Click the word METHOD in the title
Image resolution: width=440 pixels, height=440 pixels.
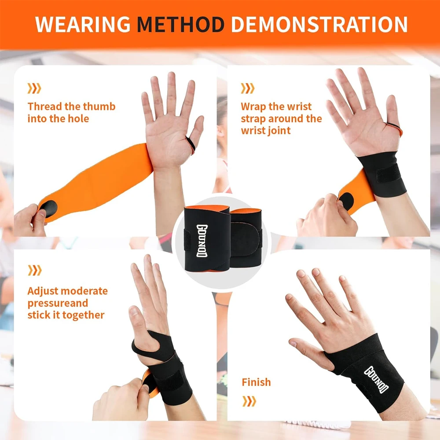(180, 24)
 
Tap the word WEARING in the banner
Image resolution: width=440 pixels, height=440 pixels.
(83, 24)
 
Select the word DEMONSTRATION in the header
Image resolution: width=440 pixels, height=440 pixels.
(319, 24)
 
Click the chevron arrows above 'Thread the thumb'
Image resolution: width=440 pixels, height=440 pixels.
(34, 88)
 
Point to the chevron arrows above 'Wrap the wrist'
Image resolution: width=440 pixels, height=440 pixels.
(247, 88)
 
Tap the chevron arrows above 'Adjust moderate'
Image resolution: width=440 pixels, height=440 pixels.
(34, 270)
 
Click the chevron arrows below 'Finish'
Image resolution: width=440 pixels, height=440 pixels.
(249, 401)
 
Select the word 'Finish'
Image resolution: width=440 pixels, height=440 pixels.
(256, 382)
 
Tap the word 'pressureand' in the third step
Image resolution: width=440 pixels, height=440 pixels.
(58, 304)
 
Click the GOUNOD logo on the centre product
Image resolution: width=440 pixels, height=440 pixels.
(202, 241)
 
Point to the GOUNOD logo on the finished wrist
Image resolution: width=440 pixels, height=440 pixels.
(376, 379)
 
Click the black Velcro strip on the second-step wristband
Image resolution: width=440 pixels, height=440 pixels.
(389, 174)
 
